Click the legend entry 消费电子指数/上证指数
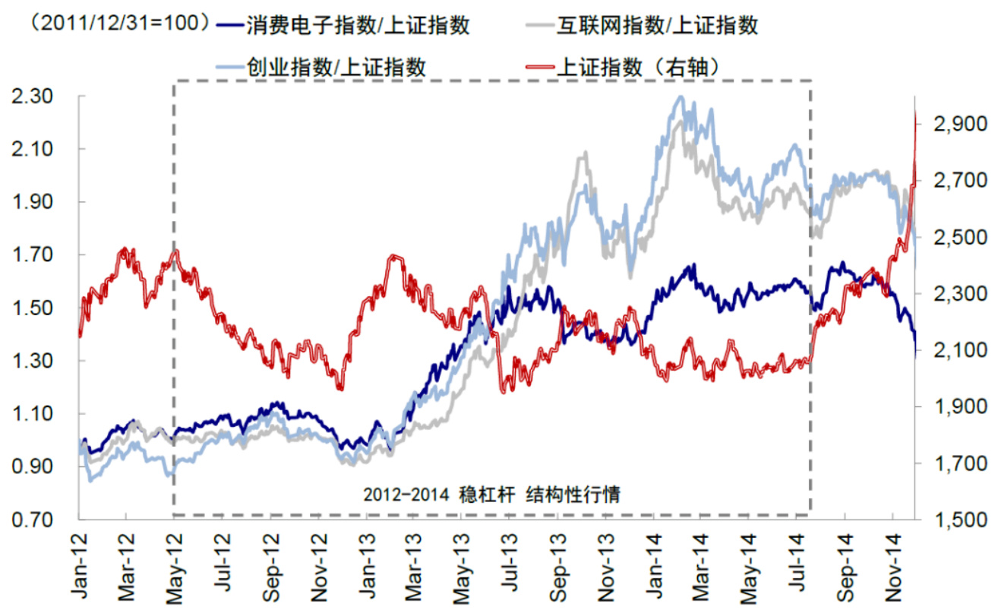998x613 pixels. coord(357,26)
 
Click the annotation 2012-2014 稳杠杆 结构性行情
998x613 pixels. coord(492,495)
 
